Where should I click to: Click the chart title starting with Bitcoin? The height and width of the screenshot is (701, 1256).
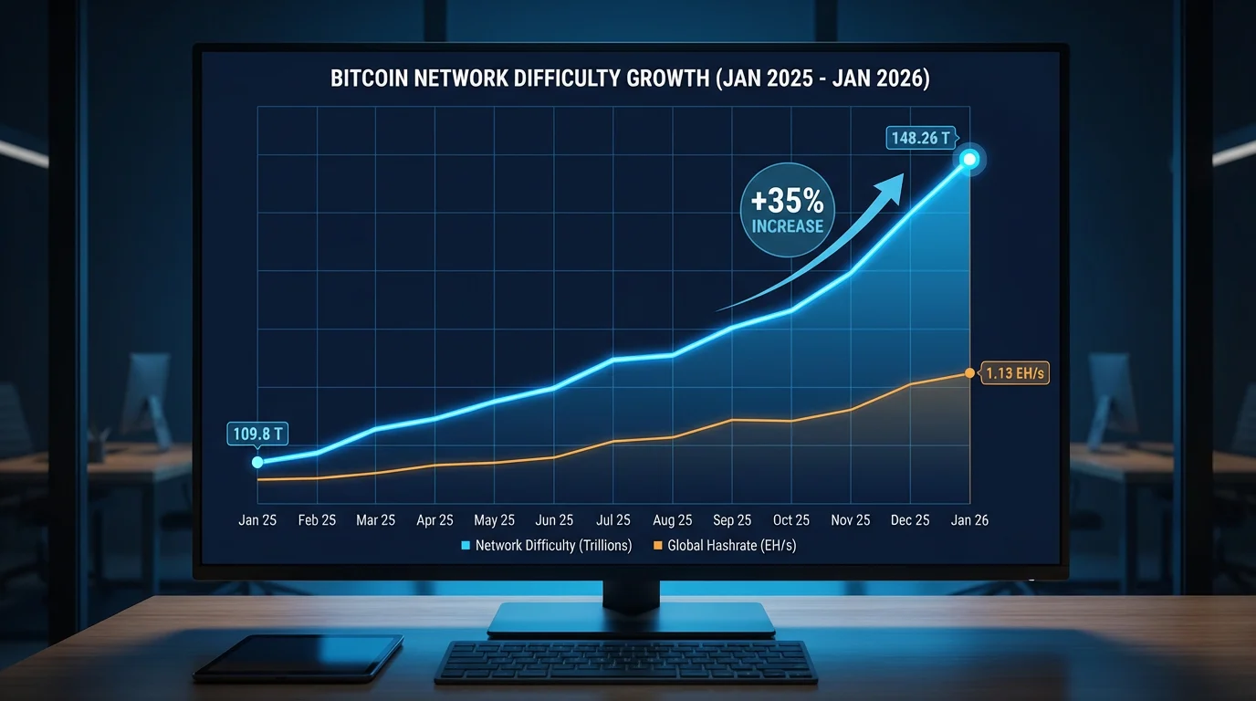pyautogui.click(x=630, y=78)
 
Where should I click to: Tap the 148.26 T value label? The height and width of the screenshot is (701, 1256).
pyautogui.click(x=920, y=139)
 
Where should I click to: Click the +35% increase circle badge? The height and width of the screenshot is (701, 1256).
pyautogui.click(x=787, y=210)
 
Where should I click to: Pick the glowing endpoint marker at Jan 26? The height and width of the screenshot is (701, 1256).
pyautogui.click(x=969, y=160)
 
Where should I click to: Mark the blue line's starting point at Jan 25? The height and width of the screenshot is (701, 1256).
pyautogui.click(x=257, y=462)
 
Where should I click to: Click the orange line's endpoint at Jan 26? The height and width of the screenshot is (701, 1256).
pyautogui.click(x=969, y=373)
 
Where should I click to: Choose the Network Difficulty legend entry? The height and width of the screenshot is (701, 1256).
pyautogui.click(x=548, y=546)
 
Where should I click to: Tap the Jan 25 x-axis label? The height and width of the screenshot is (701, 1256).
pyautogui.click(x=257, y=520)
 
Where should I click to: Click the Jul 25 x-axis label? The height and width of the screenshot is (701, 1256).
pyautogui.click(x=613, y=520)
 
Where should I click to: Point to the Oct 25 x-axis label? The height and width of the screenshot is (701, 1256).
pyautogui.click(x=791, y=520)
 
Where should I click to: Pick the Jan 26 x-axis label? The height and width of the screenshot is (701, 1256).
pyautogui.click(x=969, y=520)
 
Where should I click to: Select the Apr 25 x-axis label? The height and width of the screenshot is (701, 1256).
pyautogui.click(x=434, y=520)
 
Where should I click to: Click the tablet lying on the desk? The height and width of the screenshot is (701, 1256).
pyautogui.click(x=298, y=657)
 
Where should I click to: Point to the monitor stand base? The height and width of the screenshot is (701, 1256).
pyautogui.click(x=631, y=620)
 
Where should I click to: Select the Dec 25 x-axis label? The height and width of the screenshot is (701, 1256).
pyautogui.click(x=910, y=520)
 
